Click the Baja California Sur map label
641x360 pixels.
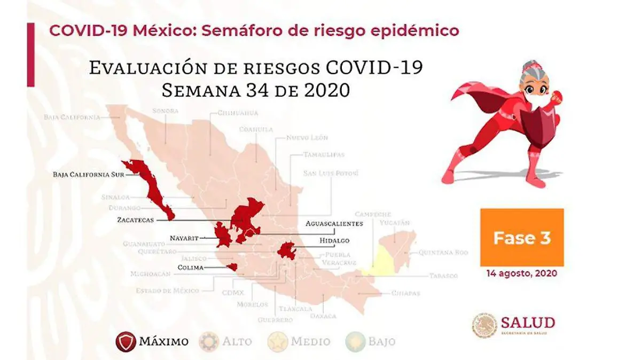tap(86, 174)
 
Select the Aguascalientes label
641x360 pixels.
tap(334, 223)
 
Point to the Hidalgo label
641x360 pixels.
tap(335, 241)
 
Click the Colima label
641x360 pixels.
tap(190, 268)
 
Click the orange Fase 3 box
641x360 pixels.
tap(522, 237)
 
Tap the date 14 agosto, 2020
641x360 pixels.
tap(521, 273)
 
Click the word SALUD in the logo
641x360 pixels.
tap(527, 322)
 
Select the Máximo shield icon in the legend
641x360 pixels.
tap(126, 341)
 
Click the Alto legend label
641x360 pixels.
tap(237, 341)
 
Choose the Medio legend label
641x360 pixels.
tap(310, 341)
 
